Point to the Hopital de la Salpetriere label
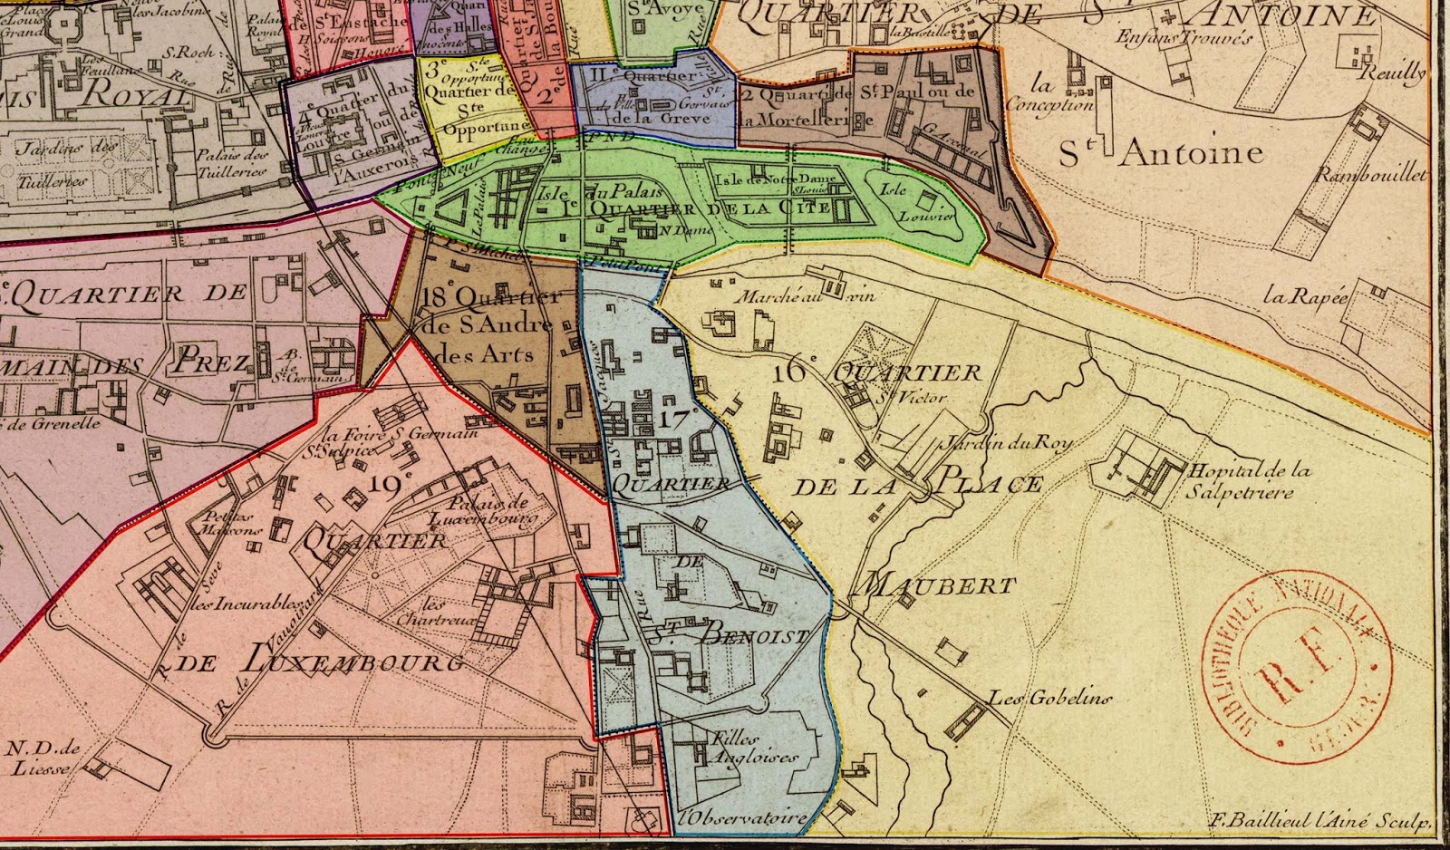pos(1249,481)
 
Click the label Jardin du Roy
pos(1005,442)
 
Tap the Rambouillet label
pos(1370,176)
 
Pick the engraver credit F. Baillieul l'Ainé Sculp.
pos(1319,822)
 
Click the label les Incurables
pos(246,603)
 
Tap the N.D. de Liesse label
pos(43,758)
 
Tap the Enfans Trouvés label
pos(1184,38)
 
